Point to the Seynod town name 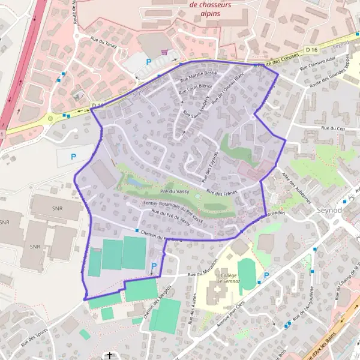pyautogui.click(x=329, y=211)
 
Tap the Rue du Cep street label pyautogui.click(x=333, y=128)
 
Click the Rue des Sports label pyautogui.click(x=34, y=338)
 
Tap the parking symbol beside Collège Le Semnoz pyautogui.click(x=266, y=275)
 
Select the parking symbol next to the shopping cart pyautogui.click(x=148, y=61)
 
